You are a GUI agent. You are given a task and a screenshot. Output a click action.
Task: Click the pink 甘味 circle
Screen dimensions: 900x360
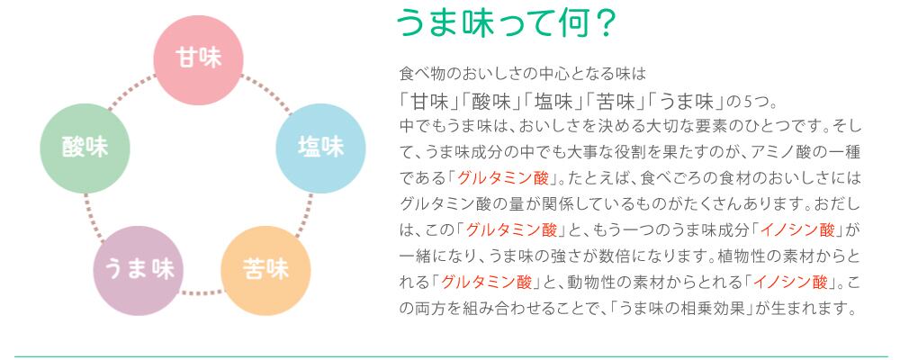point(199,59)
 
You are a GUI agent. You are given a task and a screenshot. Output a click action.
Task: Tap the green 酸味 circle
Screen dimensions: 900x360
point(85,148)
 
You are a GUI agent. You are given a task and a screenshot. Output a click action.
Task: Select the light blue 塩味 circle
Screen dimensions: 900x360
point(321,148)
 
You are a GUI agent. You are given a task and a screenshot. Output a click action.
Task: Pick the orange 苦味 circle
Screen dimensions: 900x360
point(265,270)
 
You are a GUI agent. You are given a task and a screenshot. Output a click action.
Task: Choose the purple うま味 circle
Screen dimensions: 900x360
point(139,270)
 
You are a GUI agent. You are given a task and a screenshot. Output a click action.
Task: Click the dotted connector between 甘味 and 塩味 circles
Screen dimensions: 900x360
point(265,93)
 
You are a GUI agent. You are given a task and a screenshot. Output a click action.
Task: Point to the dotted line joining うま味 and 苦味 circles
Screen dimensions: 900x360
point(202,292)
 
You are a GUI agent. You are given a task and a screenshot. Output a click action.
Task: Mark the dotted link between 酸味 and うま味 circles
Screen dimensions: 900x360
point(94,217)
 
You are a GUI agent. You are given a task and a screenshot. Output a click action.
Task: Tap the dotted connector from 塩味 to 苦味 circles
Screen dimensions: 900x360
point(304,215)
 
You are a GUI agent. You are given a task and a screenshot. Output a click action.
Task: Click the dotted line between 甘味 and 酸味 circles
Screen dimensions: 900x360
point(131,92)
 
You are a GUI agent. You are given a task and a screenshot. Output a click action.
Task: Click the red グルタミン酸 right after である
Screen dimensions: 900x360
point(503,178)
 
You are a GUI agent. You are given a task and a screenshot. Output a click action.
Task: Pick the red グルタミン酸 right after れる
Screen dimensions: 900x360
point(486,282)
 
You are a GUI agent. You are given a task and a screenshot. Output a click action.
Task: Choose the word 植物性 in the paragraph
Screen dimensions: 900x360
point(741,256)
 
